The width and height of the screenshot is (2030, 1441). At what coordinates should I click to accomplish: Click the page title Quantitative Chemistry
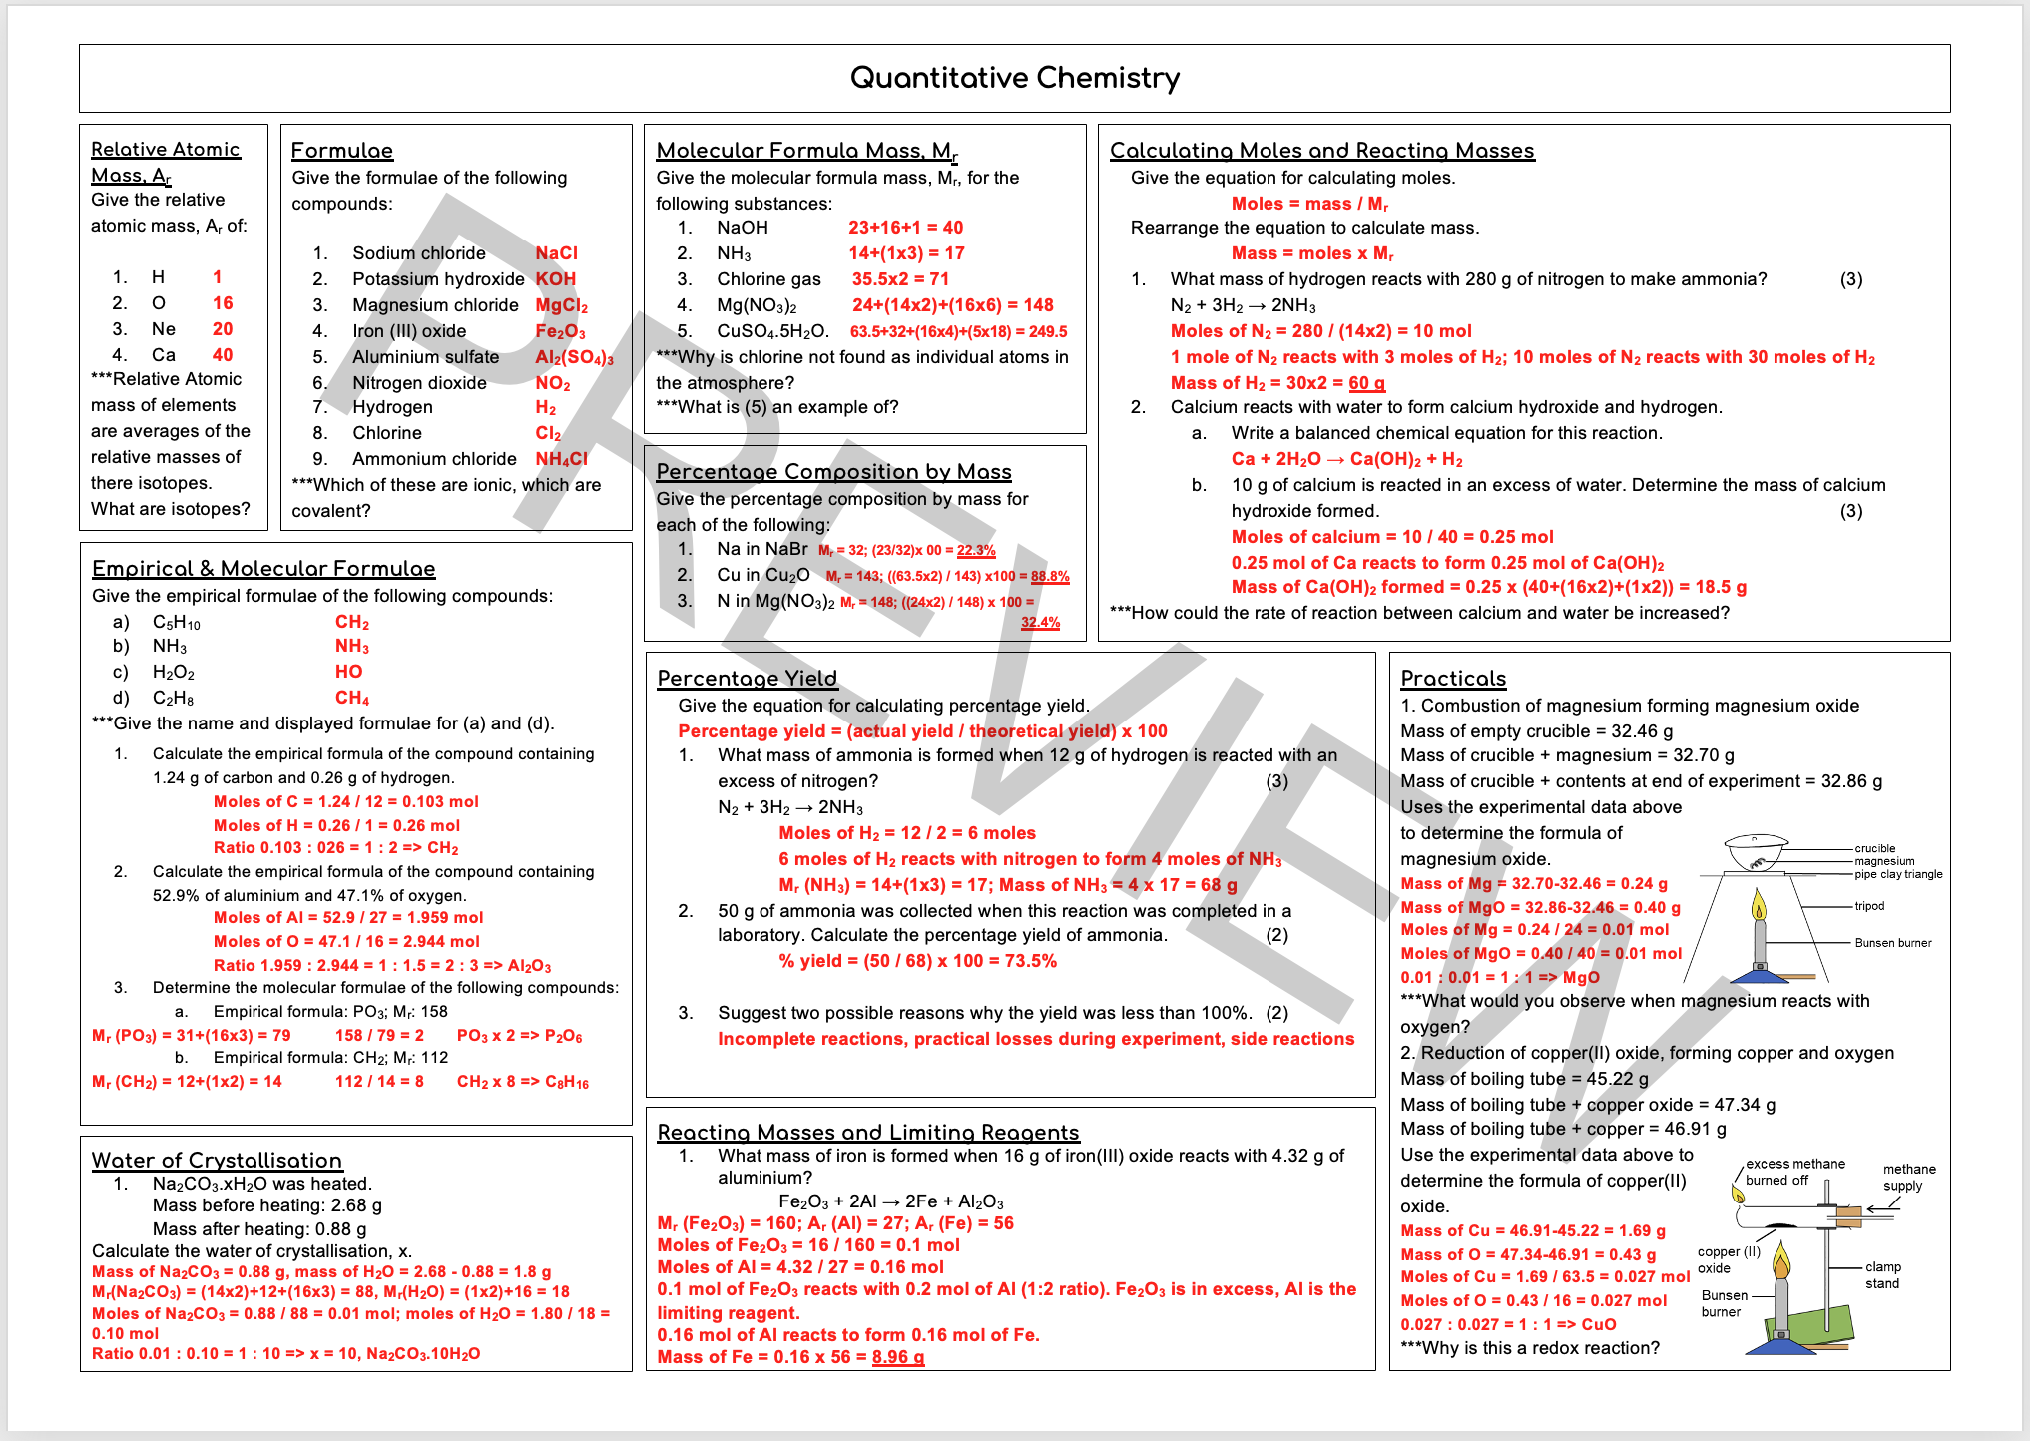(1014, 78)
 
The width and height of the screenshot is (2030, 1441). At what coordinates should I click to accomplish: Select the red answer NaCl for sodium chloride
(556, 253)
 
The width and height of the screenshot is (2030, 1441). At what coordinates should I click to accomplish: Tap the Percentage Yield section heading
(747, 679)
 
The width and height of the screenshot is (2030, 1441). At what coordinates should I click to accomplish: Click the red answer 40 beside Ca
(222, 355)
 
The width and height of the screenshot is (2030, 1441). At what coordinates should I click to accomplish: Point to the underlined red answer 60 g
(1366, 383)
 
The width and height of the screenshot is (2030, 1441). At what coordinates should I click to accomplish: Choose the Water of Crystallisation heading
(217, 1161)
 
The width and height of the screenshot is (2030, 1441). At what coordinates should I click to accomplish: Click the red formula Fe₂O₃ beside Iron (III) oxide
(560, 331)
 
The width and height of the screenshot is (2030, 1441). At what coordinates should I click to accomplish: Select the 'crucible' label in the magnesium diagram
(1874, 848)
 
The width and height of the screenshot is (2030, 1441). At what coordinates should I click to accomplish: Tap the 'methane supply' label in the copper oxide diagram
(1908, 1178)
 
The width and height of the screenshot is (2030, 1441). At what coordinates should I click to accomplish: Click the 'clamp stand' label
(1882, 1275)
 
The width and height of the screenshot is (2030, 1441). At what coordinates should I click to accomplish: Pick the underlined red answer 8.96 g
(897, 1357)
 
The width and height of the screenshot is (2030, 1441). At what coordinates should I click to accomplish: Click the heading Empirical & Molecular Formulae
(263, 569)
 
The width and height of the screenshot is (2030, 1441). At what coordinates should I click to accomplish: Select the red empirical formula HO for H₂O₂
(348, 672)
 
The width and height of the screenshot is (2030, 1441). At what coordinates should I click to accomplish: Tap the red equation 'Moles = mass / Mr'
(1309, 204)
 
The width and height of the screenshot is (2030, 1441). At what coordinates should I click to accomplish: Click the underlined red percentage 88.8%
(1049, 576)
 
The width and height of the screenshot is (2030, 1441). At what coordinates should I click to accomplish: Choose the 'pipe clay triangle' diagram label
(1898, 874)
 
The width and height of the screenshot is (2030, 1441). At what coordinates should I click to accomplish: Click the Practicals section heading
(1452, 679)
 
